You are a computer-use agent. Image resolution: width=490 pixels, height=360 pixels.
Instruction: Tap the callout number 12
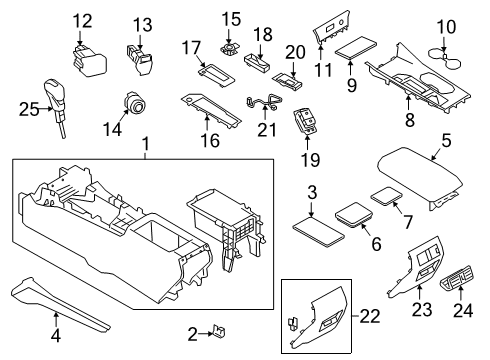pos(81,19)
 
